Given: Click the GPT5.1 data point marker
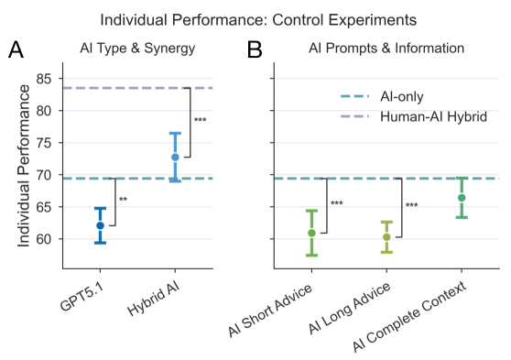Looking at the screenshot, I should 100,225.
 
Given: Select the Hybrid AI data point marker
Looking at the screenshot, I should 175,157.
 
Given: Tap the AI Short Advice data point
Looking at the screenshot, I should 311,233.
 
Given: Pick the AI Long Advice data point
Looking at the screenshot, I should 386,237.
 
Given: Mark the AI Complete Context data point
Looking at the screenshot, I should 462,198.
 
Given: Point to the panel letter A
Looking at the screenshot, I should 16,50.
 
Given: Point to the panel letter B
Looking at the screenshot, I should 255,50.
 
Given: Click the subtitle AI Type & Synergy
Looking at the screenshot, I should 137,49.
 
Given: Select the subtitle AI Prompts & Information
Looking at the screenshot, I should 386,49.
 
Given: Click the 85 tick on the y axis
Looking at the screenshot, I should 45,79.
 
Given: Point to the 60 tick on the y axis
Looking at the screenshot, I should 45,239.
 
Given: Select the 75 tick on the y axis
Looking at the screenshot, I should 45,143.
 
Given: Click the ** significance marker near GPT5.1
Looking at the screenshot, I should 123,200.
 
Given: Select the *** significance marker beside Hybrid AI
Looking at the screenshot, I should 200,120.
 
